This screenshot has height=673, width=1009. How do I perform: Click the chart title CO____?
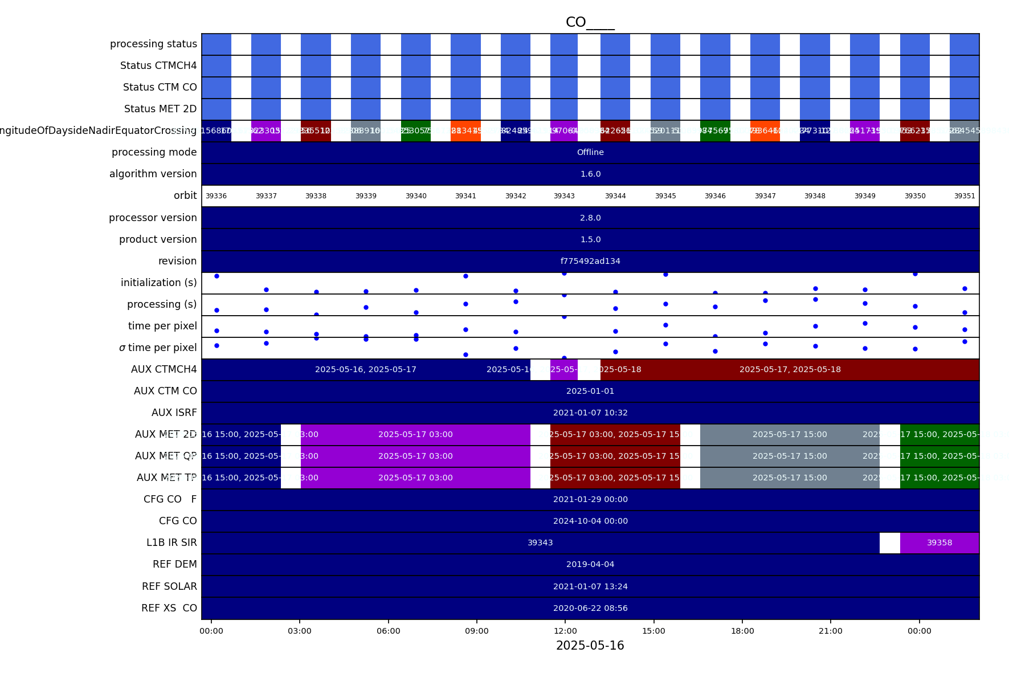pyautogui.click(x=590, y=22)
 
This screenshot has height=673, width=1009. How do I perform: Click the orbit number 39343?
pyautogui.click(x=564, y=196)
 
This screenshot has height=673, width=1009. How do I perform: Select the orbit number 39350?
pyautogui.click(x=915, y=196)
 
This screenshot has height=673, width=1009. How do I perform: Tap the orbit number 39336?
pyautogui.click(x=216, y=196)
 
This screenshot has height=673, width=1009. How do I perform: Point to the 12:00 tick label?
pyautogui.click(x=565, y=631)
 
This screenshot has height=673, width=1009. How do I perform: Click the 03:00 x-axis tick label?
pyautogui.click(x=300, y=631)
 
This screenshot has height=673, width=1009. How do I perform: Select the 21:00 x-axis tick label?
pyautogui.click(x=831, y=631)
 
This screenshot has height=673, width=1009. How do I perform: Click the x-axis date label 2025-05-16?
pyautogui.click(x=590, y=646)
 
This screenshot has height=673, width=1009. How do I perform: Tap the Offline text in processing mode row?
pyautogui.click(x=590, y=152)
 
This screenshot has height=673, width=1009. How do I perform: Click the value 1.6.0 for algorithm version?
pyautogui.click(x=590, y=174)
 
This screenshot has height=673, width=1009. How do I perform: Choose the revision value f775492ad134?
pyautogui.click(x=590, y=261)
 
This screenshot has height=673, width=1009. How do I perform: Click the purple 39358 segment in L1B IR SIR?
pyautogui.click(x=939, y=543)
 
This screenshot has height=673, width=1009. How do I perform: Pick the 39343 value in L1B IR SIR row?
pyautogui.click(x=540, y=543)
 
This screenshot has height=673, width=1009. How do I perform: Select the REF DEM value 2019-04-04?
pyautogui.click(x=590, y=564)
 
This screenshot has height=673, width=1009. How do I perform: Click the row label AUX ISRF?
pyautogui.click(x=174, y=413)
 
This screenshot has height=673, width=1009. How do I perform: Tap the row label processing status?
pyautogui.click(x=153, y=44)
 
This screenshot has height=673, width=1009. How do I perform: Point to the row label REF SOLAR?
pyautogui.click(x=169, y=586)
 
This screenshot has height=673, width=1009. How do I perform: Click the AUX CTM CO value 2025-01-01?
pyautogui.click(x=590, y=391)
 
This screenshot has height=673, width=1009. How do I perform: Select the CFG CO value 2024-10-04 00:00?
pyautogui.click(x=590, y=521)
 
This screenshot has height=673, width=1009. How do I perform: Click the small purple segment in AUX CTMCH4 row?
pyautogui.click(x=564, y=369)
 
